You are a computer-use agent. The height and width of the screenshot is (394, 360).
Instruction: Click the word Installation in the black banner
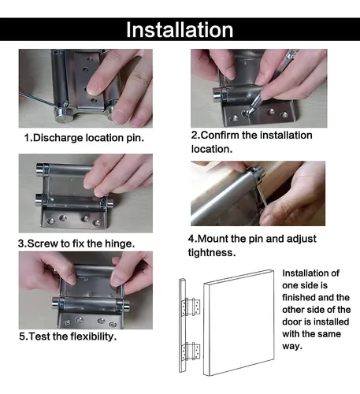[180, 30]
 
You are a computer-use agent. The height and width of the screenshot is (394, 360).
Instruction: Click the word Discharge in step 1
[58, 138]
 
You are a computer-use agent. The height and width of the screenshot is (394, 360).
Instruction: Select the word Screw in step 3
[43, 243]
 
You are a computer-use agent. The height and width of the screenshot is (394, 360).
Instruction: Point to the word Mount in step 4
[213, 239]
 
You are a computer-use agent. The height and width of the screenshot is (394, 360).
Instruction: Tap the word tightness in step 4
[212, 252]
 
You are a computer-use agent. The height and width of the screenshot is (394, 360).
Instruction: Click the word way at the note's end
[292, 346]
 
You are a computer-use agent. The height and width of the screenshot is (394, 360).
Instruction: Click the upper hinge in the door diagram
[191, 307]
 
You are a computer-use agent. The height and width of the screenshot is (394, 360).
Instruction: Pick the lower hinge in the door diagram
[191, 351]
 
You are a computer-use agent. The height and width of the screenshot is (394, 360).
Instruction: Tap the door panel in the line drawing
[239, 322]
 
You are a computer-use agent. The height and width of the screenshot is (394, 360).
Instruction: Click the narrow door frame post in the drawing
[183, 325]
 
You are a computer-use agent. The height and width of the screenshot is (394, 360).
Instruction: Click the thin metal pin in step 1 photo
[37, 99]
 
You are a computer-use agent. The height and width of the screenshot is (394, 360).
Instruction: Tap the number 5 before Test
[21, 336]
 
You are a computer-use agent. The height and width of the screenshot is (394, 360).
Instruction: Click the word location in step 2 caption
[211, 149]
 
